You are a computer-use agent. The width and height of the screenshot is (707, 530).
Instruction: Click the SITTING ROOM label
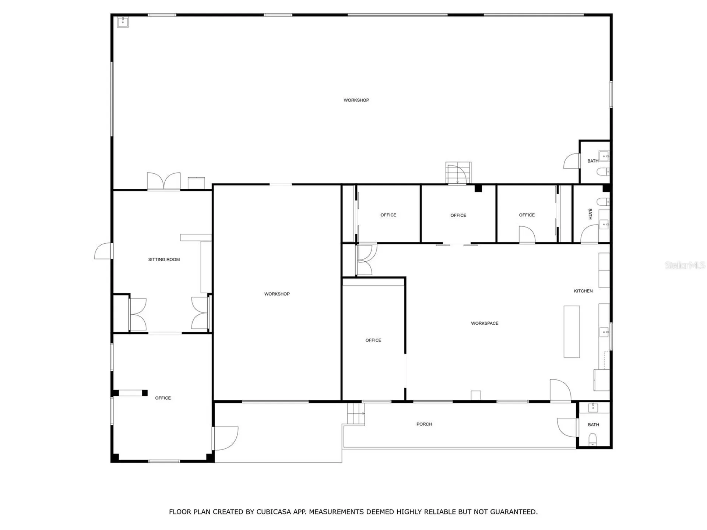[164, 259]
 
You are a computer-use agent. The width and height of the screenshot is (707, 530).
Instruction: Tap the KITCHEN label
[583, 291]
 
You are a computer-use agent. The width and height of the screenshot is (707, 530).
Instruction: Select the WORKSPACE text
[485, 323]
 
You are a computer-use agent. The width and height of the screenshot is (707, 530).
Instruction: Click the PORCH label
[424, 424]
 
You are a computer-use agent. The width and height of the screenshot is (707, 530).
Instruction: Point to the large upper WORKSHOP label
[356, 100]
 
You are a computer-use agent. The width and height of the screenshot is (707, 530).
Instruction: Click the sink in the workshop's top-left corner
[123, 22]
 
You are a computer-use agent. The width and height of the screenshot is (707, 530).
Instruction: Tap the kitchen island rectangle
[571, 331]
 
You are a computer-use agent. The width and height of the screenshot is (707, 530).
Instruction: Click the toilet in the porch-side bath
[592, 439]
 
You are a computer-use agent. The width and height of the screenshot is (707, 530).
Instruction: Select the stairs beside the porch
[356, 413]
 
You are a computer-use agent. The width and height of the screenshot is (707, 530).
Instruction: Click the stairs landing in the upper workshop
[458, 173]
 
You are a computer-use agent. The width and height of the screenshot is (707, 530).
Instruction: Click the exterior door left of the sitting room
[103, 251]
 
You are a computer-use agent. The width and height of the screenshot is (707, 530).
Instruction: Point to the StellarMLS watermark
[685, 265]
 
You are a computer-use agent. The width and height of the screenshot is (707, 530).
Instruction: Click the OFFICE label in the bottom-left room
[163, 398]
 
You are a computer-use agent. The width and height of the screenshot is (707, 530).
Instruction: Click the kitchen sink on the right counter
[604, 332]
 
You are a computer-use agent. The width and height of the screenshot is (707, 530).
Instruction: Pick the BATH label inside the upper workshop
[592, 161]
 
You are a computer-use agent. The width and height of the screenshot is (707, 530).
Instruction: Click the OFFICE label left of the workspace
[373, 340]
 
